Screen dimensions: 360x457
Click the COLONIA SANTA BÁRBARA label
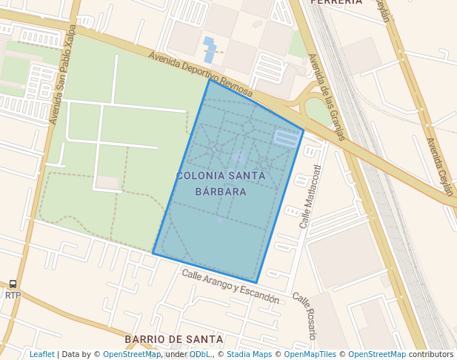click(x=221, y=184)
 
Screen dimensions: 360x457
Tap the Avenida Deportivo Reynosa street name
click(x=200, y=74)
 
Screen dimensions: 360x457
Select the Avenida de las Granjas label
click(x=327, y=96)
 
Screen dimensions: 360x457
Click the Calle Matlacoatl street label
click(x=310, y=196)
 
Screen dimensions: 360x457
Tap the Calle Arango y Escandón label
click(x=230, y=287)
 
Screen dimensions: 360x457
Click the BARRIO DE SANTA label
click(x=174, y=339)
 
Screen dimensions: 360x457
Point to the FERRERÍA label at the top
click(x=337, y=2)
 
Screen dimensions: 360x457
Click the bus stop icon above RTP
click(x=13, y=284)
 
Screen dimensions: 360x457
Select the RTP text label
click(x=13, y=296)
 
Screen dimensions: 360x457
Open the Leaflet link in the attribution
click(x=42, y=355)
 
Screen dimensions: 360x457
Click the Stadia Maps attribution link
click(x=249, y=355)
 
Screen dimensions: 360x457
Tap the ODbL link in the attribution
click(x=200, y=355)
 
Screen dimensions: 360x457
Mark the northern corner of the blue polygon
click(x=210, y=79)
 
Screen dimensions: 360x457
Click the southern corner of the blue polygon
click(x=256, y=282)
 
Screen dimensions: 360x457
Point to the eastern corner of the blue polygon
click(x=304, y=131)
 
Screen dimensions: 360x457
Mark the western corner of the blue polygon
click(x=153, y=253)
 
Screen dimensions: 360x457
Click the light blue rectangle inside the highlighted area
click(x=286, y=137)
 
